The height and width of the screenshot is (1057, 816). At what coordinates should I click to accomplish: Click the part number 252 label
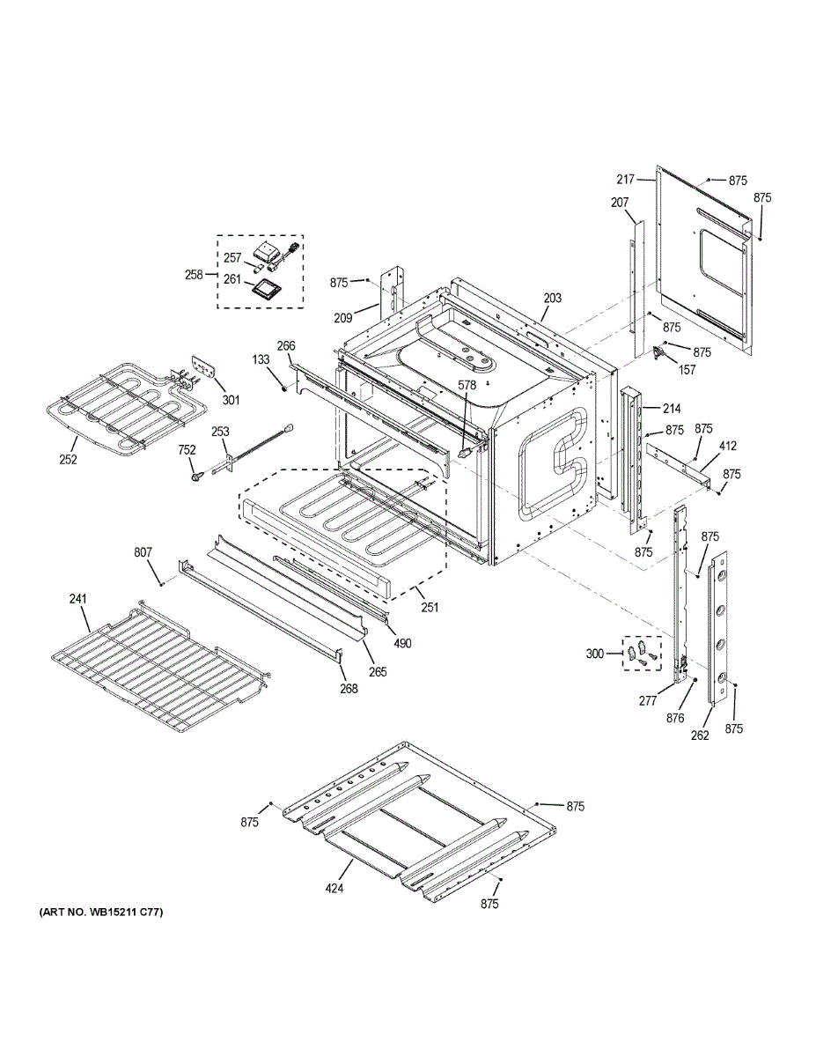click(69, 460)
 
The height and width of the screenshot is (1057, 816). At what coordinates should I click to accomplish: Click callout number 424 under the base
click(334, 888)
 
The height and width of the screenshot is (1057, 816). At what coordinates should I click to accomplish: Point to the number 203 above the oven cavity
click(552, 299)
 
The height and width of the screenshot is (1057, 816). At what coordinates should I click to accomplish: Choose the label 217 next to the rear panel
click(626, 180)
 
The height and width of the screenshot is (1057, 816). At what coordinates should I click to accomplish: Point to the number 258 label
click(194, 274)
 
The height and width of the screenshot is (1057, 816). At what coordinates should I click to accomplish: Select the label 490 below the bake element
click(402, 643)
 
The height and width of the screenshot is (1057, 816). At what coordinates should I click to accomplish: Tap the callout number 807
click(143, 552)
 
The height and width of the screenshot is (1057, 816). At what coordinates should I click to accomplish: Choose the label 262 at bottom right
click(699, 736)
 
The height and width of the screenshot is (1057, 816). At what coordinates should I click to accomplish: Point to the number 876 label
click(675, 719)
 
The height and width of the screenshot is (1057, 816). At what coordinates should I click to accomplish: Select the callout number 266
click(286, 346)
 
